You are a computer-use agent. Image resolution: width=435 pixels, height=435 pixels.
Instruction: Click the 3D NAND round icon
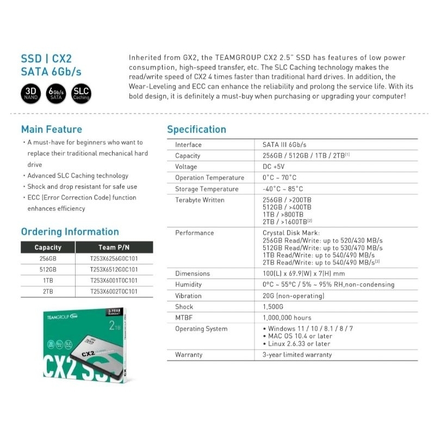click(x=31, y=94)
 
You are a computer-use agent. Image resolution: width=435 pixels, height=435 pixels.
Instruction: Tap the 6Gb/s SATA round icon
click(x=57, y=94)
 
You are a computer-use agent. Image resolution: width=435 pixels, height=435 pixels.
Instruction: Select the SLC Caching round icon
click(x=81, y=94)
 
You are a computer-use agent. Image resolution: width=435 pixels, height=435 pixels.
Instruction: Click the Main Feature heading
click(x=52, y=129)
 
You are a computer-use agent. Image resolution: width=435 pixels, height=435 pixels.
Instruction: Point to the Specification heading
click(x=196, y=129)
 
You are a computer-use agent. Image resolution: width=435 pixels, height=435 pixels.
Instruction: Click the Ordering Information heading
click(x=70, y=232)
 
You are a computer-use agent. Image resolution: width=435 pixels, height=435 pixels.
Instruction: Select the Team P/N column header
click(x=114, y=247)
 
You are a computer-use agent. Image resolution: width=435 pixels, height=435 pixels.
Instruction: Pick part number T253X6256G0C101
click(x=114, y=259)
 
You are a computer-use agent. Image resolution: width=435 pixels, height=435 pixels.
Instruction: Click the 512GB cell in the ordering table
click(x=48, y=270)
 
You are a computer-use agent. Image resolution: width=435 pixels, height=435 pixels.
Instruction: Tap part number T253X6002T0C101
click(x=114, y=291)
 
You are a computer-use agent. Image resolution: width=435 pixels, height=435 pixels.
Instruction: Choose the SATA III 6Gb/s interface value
click(x=284, y=145)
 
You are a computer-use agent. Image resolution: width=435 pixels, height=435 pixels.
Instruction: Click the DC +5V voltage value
click(x=274, y=167)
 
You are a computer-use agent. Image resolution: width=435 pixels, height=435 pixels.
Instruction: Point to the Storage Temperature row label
click(x=207, y=189)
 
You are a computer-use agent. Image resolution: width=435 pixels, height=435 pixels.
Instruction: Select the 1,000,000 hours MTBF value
click(x=287, y=318)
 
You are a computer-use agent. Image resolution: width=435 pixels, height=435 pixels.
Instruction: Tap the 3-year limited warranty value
click(x=297, y=355)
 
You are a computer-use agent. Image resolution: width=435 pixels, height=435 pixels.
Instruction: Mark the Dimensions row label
click(x=192, y=274)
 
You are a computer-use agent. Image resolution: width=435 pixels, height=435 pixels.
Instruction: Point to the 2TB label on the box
click(x=114, y=326)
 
